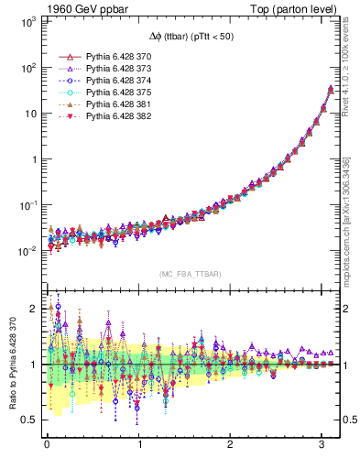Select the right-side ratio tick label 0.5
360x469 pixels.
pos(348,420)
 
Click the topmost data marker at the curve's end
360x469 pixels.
pos(330,89)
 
